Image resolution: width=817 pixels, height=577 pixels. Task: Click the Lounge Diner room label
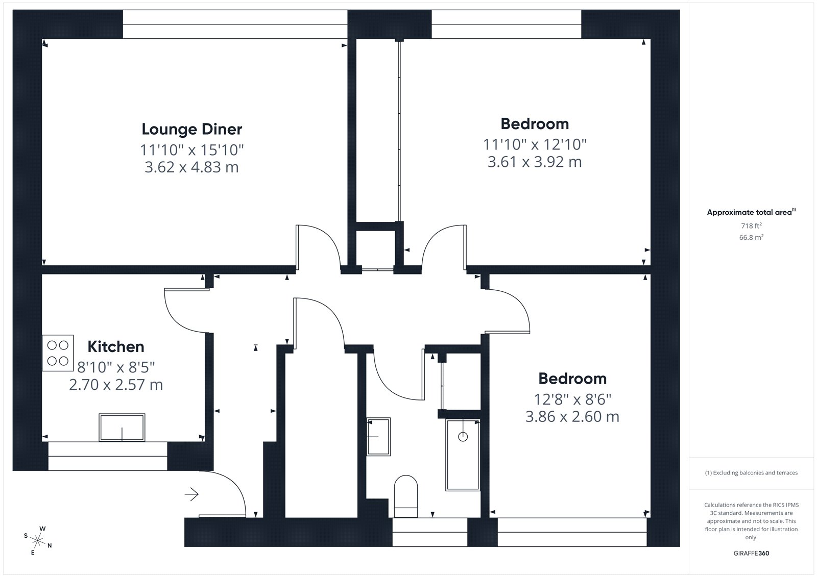[192, 129]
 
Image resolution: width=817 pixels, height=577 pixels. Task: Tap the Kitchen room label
[116, 346]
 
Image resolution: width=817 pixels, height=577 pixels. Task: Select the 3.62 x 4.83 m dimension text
[191, 167]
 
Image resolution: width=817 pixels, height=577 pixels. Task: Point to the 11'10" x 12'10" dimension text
[535, 144]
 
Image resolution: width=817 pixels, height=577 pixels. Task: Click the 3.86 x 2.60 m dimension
[572, 417]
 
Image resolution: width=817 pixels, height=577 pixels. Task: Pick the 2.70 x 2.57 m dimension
[116, 385]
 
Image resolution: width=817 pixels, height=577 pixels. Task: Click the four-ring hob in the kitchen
[58, 353]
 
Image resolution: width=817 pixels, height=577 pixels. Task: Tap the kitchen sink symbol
[122, 427]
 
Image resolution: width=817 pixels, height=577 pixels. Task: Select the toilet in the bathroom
[406, 496]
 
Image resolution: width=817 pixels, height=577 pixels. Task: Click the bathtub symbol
[463, 455]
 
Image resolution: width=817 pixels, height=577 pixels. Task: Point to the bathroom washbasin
[378, 436]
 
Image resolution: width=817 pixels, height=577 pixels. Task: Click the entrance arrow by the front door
[191, 494]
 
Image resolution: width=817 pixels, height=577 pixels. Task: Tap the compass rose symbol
[38, 540]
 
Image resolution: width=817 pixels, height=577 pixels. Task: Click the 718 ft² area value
[751, 225]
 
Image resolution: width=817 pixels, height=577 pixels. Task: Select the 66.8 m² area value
[751, 237]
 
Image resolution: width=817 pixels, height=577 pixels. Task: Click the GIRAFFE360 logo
[751, 553]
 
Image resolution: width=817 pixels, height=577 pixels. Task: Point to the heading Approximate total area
[750, 212]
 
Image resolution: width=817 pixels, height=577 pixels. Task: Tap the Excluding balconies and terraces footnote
[751, 473]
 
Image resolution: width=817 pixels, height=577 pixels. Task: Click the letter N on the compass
[50, 546]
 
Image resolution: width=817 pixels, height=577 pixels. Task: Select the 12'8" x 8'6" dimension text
[572, 400]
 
